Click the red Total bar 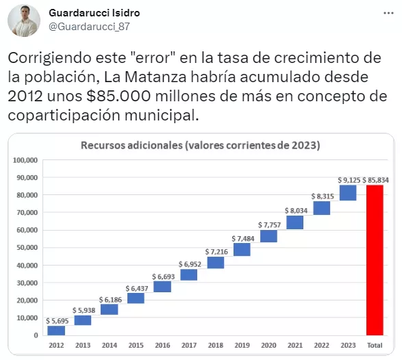point(375,260)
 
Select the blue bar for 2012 point(56,331)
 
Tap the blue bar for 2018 point(215,262)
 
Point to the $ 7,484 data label point(242,238)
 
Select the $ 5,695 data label point(56,320)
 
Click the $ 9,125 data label point(348,179)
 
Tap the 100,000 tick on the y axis point(25,160)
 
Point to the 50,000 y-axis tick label point(26,248)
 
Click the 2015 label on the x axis point(136,346)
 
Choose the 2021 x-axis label point(294,346)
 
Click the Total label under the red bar point(375,346)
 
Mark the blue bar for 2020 point(268,236)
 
